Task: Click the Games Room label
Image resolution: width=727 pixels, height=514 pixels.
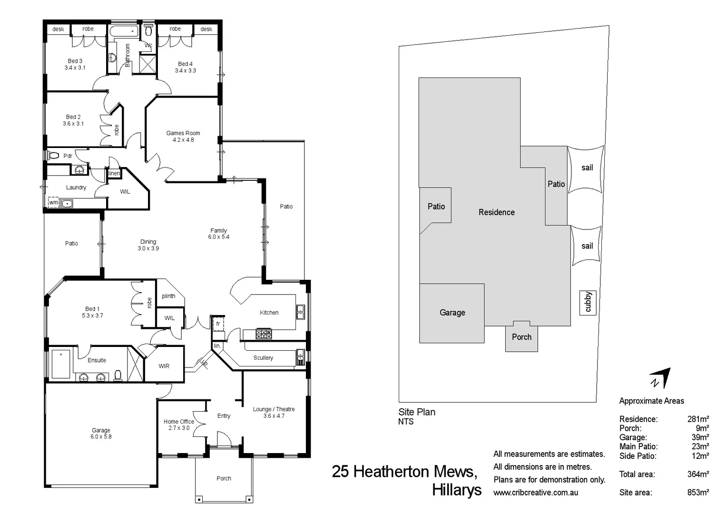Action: point(183,133)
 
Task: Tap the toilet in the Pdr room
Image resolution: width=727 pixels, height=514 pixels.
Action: point(53,156)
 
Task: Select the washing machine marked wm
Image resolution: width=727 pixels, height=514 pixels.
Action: point(54,203)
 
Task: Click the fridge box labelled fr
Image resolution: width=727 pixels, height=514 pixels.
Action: point(218,324)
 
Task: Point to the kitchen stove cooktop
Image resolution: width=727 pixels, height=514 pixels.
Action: point(264,334)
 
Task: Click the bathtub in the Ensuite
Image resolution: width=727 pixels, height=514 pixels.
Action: point(61,364)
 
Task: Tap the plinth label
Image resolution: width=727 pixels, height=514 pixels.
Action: point(168,296)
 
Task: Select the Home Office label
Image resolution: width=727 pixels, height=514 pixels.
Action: point(179,422)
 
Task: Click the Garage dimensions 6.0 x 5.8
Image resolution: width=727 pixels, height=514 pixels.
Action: point(101,437)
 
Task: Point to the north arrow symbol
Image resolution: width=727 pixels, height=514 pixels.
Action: point(660,378)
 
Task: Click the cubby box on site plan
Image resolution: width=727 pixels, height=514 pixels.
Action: point(588,302)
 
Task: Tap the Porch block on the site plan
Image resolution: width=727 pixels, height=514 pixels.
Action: point(521,337)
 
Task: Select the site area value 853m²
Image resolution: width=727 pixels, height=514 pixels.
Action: point(698,493)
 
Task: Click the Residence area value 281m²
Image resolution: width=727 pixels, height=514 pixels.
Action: point(698,419)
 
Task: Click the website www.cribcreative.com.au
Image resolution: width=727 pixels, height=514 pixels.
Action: point(536,493)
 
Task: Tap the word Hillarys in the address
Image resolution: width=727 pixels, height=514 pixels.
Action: point(457,490)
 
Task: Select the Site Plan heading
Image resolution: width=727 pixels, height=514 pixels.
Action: point(417,412)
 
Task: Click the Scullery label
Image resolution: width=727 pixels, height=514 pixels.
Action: point(263,358)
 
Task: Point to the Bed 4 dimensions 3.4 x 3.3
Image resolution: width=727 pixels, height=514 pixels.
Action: point(185,70)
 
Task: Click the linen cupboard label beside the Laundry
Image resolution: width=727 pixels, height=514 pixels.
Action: point(114,173)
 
